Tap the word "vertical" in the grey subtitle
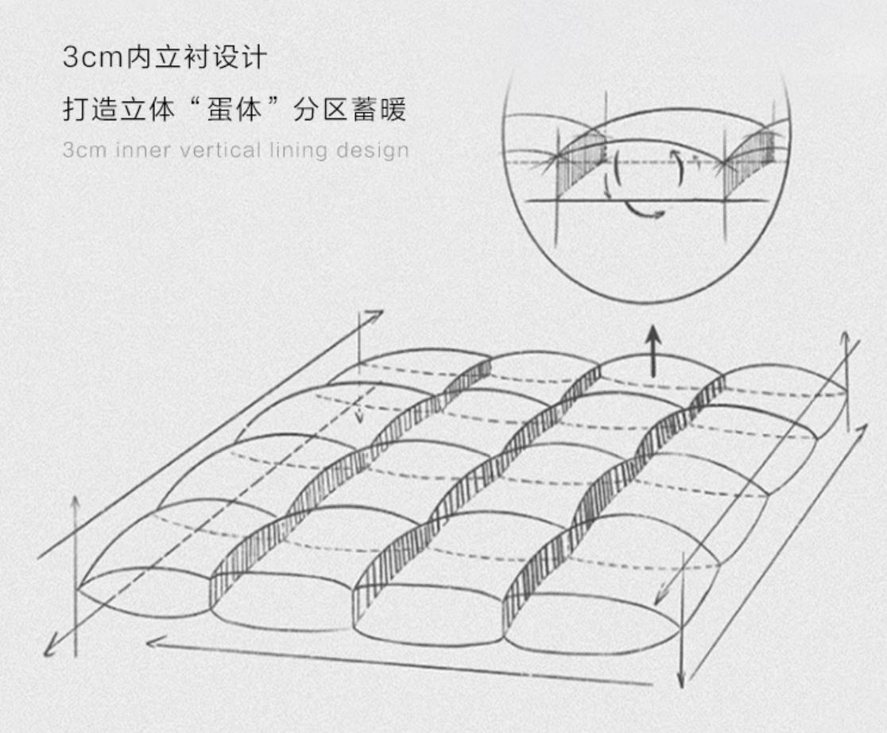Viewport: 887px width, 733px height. pyautogui.click(x=215, y=150)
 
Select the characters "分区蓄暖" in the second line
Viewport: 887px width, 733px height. pyautogui.click(x=349, y=110)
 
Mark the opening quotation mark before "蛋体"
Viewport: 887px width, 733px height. pyautogui.click(x=196, y=105)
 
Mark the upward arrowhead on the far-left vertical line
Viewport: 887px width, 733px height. pyautogui.click(x=76, y=502)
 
